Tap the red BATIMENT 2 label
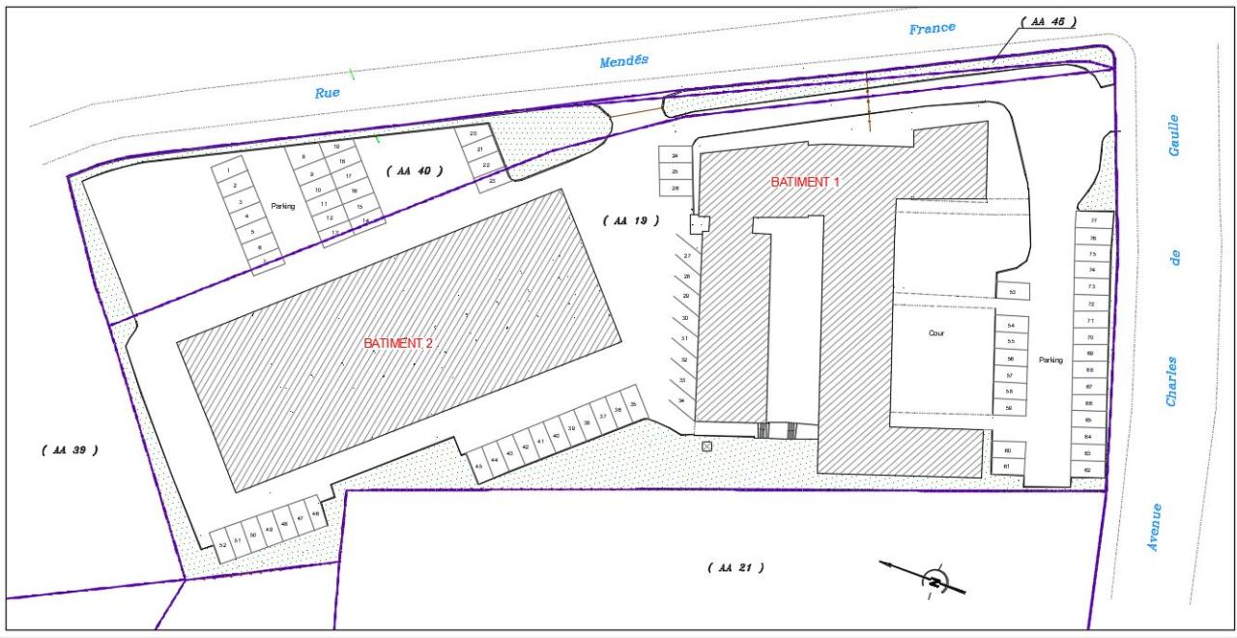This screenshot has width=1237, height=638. pos(397,343)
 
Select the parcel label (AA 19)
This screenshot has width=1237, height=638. pos(630,220)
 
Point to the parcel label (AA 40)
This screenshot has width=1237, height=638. pos(414,170)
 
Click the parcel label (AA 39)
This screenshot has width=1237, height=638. pos(70,450)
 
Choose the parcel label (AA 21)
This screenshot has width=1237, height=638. pos(735,567)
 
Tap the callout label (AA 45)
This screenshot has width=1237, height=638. pos(1049,21)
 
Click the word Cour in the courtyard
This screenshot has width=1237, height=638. pos(935,333)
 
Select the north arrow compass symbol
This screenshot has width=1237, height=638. pos(935,580)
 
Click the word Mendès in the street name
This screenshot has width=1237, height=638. pos(623,61)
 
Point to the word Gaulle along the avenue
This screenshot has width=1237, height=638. pos(1173,135)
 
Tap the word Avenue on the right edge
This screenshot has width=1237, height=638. pos(1154,528)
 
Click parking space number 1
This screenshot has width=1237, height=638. pos(228,171)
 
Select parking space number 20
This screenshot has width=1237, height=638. pos(473,133)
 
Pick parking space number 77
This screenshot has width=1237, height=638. pos(1093,220)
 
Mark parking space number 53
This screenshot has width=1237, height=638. pos(1012,291)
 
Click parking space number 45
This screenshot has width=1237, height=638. pos(478,466)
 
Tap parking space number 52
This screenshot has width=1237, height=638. pos(222,545)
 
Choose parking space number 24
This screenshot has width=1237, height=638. pos(675,155)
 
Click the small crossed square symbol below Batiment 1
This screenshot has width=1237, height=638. pos(706,446)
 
